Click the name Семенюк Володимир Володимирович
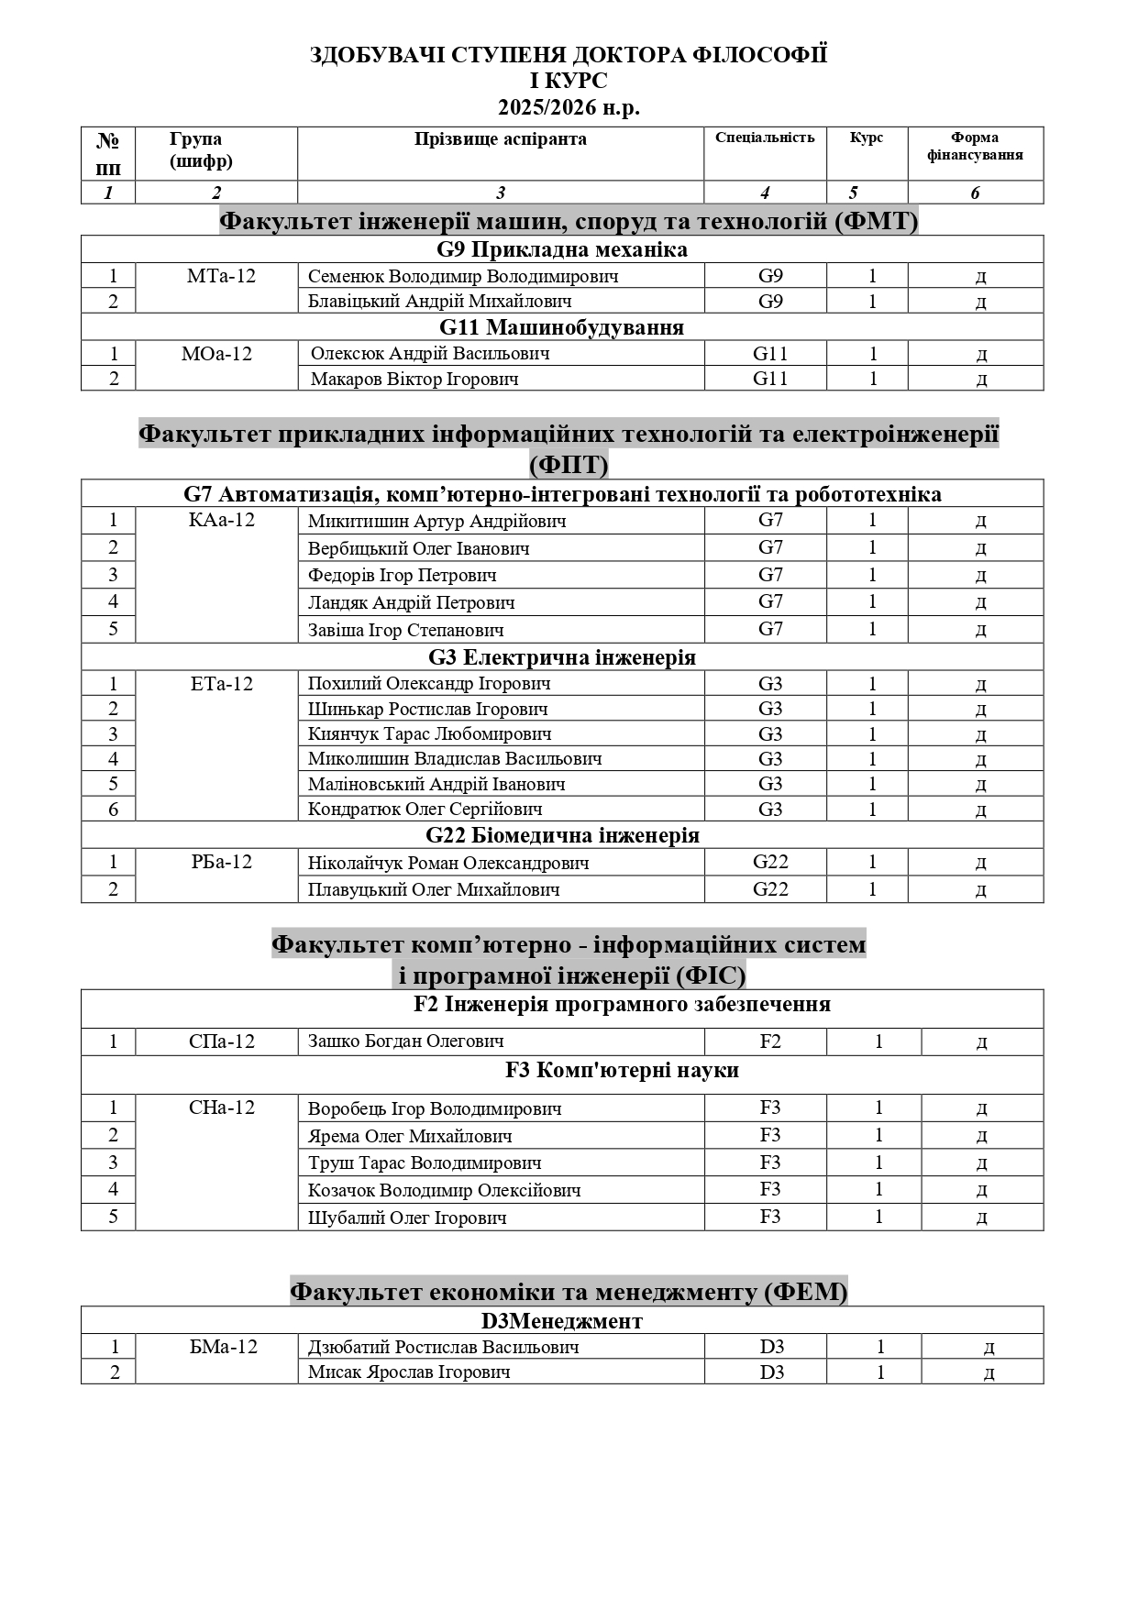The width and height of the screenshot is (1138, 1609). click(x=462, y=276)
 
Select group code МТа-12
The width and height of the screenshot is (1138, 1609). click(x=221, y=275)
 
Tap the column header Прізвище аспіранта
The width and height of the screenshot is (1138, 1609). click(x=500, y=139)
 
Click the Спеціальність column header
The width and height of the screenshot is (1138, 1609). click(x=765, y=138)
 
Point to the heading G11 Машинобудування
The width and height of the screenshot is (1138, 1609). click(x=561, y=327)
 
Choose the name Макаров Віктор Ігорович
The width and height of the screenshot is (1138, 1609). click(x=414, y=379)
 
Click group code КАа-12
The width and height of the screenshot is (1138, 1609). click(x=221, y=520)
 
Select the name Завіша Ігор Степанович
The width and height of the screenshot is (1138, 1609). click(x=405, y=630)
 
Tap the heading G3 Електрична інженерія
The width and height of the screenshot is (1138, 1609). click(x=561, y=657)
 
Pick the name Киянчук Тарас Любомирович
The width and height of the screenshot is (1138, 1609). click(x=429, y=733)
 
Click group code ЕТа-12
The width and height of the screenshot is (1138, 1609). click(x=221, y=683)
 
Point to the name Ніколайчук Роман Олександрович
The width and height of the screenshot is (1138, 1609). click(x=447, y=863)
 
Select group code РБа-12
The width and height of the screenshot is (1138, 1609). click(x=221, y=862)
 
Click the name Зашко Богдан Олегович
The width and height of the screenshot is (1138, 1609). click(x=405, y=1041)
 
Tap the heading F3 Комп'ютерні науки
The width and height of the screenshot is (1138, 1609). click(x=622, y=1070)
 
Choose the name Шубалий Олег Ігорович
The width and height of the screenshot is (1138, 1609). click(x=407, y=1218)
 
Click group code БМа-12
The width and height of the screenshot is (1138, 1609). click(x=221, y=1347)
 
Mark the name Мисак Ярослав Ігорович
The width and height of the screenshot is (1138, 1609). click(x=409, y=1372)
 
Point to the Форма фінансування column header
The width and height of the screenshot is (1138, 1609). click(x=975, y=146)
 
